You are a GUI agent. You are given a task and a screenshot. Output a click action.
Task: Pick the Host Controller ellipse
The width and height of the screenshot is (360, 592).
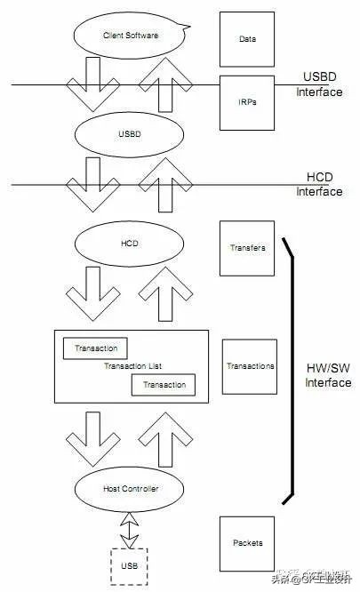(x=130, y=488)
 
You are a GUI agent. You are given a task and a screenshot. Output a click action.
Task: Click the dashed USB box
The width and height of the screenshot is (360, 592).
(x=130, y=565)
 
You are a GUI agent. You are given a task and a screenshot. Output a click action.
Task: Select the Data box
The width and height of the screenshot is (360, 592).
(x=248, y=39)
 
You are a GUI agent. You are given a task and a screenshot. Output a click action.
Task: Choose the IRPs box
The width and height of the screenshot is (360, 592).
(x=248, y=102)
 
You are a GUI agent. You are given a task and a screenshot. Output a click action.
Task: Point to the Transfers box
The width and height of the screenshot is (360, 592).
(x=248, y=248)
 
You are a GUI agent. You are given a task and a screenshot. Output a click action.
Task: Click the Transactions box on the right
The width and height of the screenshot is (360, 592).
(x=250, y=365)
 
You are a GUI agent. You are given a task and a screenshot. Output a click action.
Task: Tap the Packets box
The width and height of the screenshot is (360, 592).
(x=248, y=542)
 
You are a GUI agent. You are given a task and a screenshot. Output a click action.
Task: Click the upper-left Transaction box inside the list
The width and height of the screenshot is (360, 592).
(x=95, y=348)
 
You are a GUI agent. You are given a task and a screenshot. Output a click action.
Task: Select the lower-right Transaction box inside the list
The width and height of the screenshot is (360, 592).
(x=164, y=384)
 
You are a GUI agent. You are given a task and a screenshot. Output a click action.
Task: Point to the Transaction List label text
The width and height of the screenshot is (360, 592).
(x=132, y=366)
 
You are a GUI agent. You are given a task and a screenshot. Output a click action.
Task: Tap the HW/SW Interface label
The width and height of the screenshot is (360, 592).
(x=327, y=375)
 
